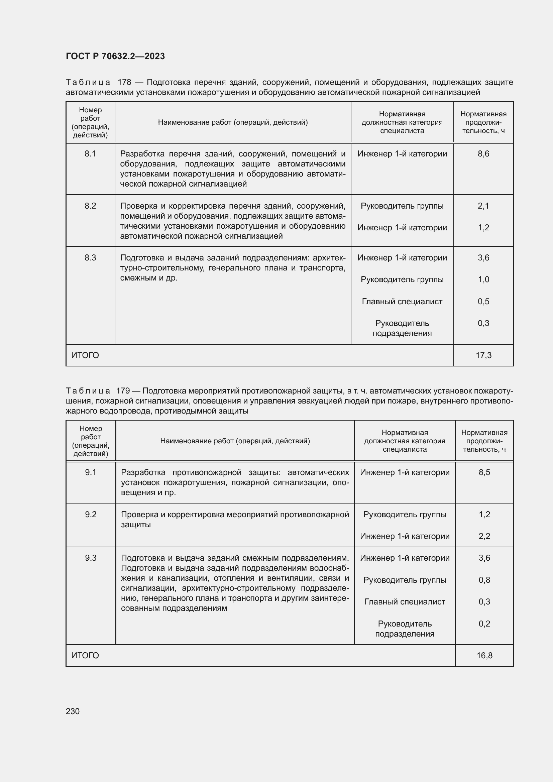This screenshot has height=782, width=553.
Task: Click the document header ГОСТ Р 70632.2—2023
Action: [115, 56]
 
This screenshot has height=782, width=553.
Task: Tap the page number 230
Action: [73, 711]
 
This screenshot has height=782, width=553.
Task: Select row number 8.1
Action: [90, 154]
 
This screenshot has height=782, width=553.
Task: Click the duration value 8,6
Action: [483, 154]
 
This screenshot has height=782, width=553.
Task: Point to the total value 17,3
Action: [483, 355]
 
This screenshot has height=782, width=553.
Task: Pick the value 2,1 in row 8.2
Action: [483, 206]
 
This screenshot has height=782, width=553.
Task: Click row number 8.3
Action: [90, 258]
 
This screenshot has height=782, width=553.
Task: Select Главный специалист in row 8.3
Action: [402, 302]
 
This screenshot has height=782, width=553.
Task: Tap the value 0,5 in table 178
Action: [483, 302]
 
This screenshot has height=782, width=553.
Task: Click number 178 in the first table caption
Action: [124, 83]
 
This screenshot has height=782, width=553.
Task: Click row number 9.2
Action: [91, 514]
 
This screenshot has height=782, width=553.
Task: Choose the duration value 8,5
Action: [484, 472]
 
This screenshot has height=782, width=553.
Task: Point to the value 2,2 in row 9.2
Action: [484, 536]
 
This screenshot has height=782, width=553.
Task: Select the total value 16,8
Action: [484, 656]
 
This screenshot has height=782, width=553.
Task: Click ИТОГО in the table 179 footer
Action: [85, 656]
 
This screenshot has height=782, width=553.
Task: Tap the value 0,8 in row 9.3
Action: [484, 580]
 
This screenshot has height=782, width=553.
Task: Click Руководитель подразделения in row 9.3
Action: [405, 629]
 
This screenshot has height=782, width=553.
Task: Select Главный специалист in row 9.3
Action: [405, 602]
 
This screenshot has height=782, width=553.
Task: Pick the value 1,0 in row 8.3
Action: [483, 280]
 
